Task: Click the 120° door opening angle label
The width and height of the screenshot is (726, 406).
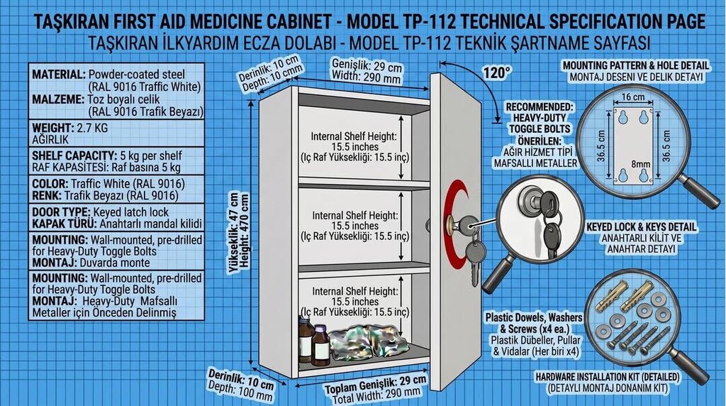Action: tap(497, 73)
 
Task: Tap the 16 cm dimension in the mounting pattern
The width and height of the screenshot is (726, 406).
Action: tap(633, 97)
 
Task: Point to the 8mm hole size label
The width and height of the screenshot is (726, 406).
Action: tap(641, 164)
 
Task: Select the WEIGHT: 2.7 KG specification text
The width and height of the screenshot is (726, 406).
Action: tap(70, 128)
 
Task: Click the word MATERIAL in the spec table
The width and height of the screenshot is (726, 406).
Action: tap(59, 74)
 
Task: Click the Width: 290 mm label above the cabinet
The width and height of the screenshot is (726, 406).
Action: tap(367, 77)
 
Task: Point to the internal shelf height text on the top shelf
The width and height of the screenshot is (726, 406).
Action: tap(354, 147)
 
